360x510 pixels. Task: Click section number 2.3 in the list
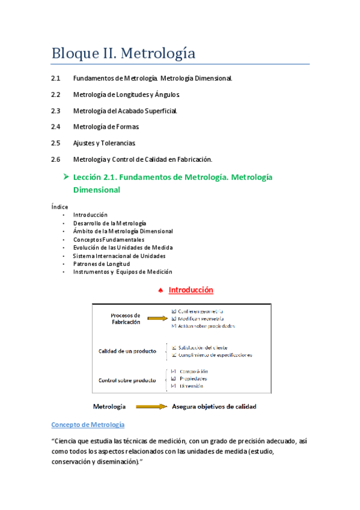56,111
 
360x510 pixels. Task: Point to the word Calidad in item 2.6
154,159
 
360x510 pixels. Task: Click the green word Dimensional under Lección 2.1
97,190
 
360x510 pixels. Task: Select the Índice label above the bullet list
59,207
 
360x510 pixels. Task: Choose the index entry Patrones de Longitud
102,263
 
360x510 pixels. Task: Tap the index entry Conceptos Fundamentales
109,239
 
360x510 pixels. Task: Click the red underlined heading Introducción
191,290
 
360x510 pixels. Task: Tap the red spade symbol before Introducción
160,291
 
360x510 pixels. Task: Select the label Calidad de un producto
127,351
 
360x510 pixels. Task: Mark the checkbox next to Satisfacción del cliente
174,347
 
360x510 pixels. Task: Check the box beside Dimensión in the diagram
174,386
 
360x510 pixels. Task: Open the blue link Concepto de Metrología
88,425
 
